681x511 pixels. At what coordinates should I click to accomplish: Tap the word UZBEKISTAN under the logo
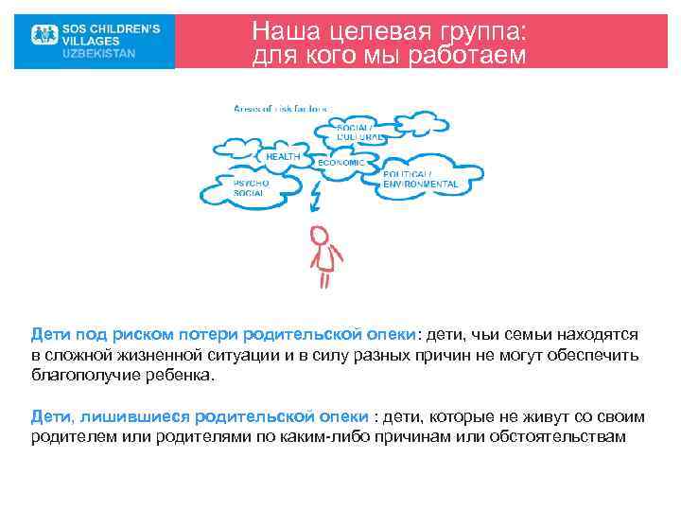[x=98, y=54]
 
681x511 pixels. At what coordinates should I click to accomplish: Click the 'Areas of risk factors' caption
[x=281, y=108]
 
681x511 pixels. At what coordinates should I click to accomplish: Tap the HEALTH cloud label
[x=283, y=156]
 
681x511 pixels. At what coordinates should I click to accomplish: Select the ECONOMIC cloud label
[x=340, y=163]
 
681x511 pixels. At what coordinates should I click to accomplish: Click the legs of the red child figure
[x=324, y=280]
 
